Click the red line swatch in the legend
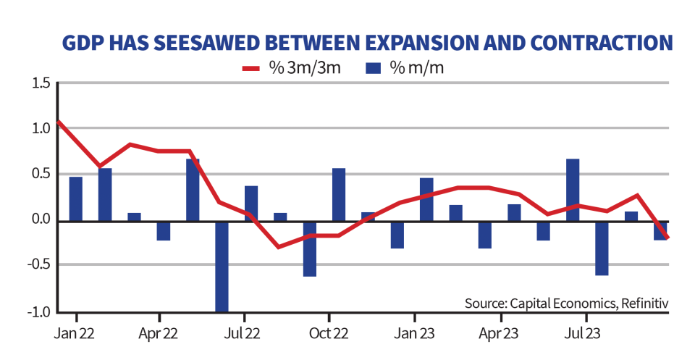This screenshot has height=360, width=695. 255,69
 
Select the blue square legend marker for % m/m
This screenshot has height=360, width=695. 374,69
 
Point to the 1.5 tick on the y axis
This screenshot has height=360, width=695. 41,84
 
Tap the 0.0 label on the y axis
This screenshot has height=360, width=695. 41,220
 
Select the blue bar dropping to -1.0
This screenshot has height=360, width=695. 221,266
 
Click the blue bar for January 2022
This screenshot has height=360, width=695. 76,198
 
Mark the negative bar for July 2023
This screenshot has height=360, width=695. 602,248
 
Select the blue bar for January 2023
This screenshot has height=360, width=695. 426,198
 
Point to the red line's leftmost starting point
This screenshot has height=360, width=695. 58,121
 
